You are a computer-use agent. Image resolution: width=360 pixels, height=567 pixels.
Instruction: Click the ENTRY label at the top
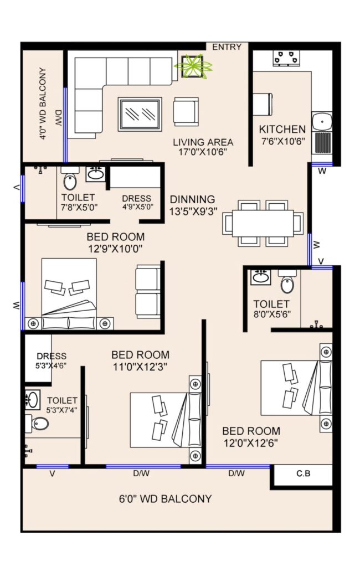(227, 47)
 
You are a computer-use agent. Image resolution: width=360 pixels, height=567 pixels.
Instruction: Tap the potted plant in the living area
(193, 66)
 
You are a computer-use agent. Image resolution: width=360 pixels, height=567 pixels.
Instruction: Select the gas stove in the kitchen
(287, 58)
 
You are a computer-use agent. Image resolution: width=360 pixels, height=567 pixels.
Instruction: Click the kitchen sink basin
(322, 121)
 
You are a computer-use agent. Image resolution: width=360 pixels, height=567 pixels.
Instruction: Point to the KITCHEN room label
(282, 129)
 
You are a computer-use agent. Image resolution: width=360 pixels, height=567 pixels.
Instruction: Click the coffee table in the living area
(140, 114)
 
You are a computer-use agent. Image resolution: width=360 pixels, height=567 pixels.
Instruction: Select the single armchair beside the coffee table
(186, 112)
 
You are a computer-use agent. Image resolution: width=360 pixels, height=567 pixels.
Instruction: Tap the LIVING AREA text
(203, 142)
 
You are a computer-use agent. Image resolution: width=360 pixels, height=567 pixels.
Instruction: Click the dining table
(263, 224)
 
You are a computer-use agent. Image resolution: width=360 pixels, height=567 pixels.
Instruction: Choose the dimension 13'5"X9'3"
(193, 211)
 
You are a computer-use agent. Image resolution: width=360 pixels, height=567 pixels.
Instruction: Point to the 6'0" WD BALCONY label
(166, 499)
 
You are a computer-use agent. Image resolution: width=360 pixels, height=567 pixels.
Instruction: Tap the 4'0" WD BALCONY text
(43, 104)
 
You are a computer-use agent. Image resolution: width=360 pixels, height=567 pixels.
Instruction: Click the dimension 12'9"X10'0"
(115, 249)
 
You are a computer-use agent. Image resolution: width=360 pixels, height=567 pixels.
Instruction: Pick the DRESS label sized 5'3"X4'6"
(52, 357)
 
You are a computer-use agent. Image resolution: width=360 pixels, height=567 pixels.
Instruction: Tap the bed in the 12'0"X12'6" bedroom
(296, 388)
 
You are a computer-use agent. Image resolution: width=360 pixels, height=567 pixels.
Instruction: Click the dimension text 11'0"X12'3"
(140, 367)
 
